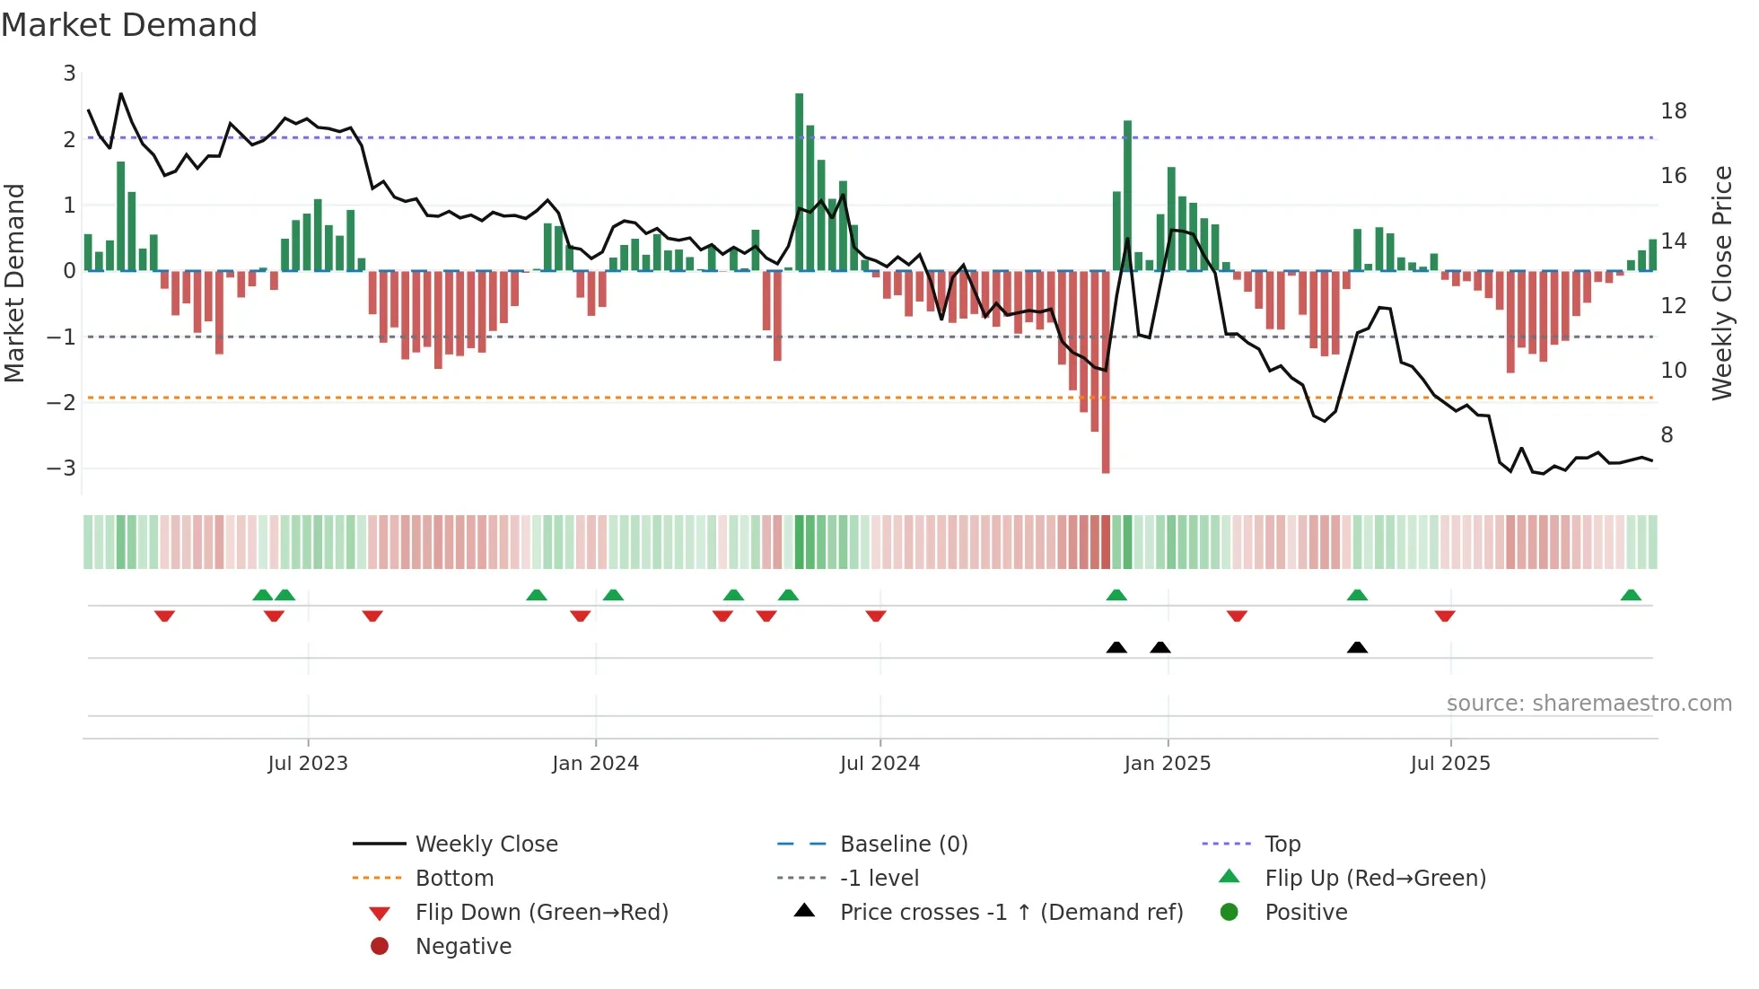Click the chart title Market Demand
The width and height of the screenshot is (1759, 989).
[x=129, y=25]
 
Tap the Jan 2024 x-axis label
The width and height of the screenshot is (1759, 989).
[x=595, y=764]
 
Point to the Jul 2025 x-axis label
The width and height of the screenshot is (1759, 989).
[x=1449, y=764]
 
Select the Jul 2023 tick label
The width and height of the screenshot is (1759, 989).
[x=308, y=764]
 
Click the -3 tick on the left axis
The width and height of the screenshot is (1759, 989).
[x=62, y=468]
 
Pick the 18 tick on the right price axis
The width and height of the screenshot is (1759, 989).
[x=1673, y=111]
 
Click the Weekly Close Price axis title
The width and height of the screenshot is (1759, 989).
[x=1721, y=283]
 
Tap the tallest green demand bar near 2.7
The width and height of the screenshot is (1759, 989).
[x=799, y=179]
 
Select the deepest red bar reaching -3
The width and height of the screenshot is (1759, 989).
[x=1106, y=377]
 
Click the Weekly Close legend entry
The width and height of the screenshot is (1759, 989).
[x=486, y=845]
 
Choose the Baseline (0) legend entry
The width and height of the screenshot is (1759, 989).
[x=903, y=845]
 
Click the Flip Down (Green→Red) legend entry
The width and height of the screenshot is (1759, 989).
[x=541, y=913]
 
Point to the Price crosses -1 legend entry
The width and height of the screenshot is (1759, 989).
[x=1011, y=913]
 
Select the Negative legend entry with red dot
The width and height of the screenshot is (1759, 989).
[x=463, y=947]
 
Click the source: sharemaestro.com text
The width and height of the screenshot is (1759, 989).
[x=1588, y=704]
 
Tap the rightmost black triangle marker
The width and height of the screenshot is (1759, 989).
[x=1357, y=648]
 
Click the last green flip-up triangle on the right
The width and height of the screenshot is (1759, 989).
[x=1631, y=595]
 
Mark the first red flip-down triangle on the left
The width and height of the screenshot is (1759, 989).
[x=164, y=616]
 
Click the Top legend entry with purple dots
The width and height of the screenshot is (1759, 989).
[x=1282, y=845]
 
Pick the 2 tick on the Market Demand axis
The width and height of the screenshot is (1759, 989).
[x=69, y=139]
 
